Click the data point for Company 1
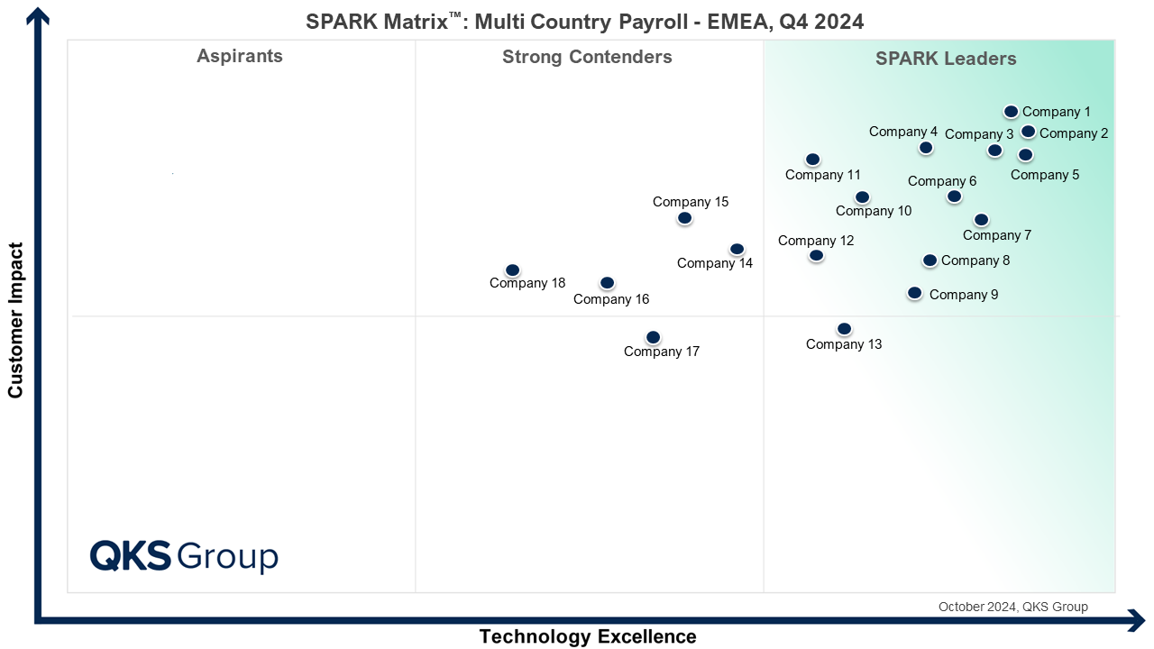coord(1011,112)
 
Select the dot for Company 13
coord(844,329)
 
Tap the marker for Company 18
coord(512,270)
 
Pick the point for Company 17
coord(653,337)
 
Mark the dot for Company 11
coord(812,160)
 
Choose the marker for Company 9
coord(914,293)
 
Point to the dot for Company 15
coord(684,218)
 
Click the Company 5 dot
coord(1025,155)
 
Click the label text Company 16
coord(611,299)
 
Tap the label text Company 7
coord(997,235)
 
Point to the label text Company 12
coord(816,241)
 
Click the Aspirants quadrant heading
coord(240,57)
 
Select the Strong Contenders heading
coord(587,58)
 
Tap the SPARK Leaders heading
coord(946,59)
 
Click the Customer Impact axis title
coord(15,320)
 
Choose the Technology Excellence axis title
coord(588,636)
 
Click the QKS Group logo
coord(184,555)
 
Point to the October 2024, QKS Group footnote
coord(1012,607)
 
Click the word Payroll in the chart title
coord(670,22)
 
